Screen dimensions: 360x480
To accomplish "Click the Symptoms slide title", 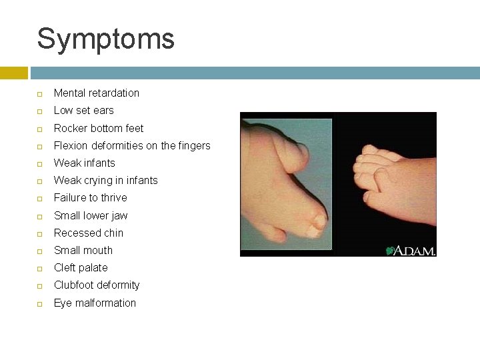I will tap(105, 39).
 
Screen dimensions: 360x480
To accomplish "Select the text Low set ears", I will tap(83, 111).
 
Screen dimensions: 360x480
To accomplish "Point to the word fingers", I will tap(192, 145).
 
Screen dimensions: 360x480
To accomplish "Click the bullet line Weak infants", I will tap(84, 163).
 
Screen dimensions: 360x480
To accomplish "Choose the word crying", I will tap(99, 181).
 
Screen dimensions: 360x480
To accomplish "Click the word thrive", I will tap(112, 198).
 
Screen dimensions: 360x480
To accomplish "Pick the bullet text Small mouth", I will tap(83, 250).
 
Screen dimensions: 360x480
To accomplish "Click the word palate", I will tap(93, 268).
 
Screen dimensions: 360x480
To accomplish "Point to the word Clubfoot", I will tap(75, 285).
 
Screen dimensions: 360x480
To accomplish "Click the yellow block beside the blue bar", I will tap(13, 73).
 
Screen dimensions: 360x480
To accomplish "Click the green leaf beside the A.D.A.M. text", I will tap(390, 251).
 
